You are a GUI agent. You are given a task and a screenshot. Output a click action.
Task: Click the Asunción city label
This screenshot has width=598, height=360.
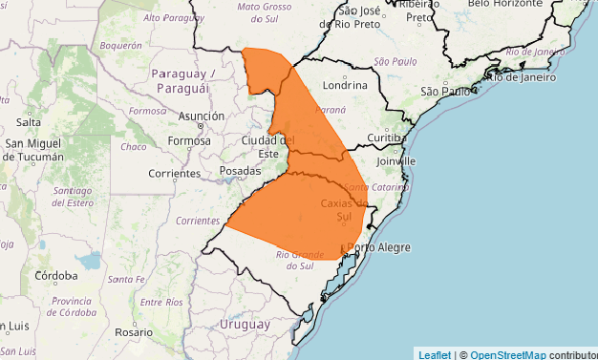tap(201, 116)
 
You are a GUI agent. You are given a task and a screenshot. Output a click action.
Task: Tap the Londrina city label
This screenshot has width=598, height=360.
tap(346, 84)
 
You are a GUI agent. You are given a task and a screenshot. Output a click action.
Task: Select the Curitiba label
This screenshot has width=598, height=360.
tap(386, 138)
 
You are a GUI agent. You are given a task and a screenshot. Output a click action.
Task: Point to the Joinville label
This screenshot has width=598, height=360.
tap(395, 161)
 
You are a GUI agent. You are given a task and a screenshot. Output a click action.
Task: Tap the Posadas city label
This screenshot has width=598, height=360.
tap(240, 170)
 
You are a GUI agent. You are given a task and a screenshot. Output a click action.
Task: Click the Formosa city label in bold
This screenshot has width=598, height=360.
tap(188, 141)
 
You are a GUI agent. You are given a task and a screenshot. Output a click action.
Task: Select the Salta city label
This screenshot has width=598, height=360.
tap(29, 122)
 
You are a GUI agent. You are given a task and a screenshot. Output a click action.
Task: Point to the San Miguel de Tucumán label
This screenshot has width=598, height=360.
tap(35, 150)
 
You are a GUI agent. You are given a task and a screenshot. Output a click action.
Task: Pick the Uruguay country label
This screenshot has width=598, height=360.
tap(246, 325)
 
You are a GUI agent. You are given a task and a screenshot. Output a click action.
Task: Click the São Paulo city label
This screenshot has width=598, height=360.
tap(446, 92)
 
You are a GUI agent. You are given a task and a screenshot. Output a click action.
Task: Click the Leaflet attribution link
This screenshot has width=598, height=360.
tap(435, 354)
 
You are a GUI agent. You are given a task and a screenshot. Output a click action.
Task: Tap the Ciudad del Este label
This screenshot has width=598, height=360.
tap(261, 147)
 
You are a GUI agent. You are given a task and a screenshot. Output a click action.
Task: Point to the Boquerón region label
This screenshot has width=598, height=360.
tap(120, 45)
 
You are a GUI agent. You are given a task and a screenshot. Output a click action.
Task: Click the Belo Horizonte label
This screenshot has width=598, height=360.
tap(506, 4)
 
